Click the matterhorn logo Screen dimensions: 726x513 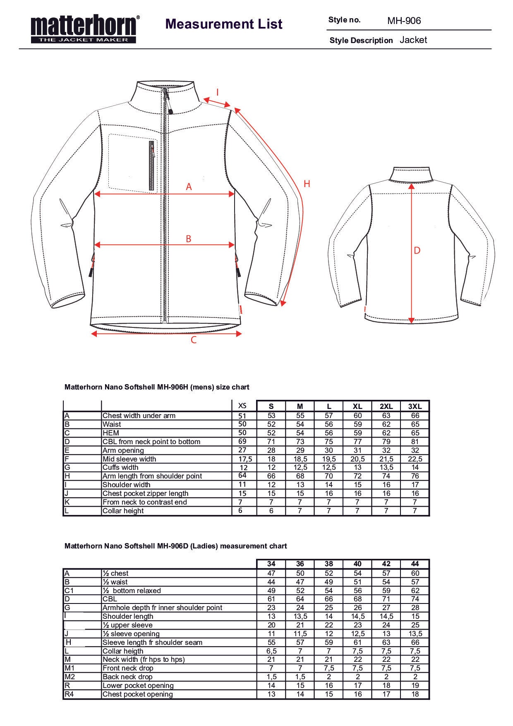point(85,29)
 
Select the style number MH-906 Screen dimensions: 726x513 point(404,21)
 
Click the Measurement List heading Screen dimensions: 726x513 point(224,24)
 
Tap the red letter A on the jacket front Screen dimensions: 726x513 point(189,187)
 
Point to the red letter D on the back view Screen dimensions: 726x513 point(417,250)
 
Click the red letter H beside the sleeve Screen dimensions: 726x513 point(307,184)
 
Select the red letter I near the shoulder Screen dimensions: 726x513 point(218,92)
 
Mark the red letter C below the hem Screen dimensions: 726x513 point(193,341)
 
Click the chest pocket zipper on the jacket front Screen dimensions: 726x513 point(151,166)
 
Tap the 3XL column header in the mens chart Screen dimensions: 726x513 point(415,406)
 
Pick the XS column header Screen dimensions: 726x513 point(242,406)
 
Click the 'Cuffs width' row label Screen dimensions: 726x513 point(120,467)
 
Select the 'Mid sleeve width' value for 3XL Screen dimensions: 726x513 point(415,459)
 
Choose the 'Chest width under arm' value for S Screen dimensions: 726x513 point(271,416)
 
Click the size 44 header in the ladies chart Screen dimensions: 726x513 point(415,564)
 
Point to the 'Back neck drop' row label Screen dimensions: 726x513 point(127,677)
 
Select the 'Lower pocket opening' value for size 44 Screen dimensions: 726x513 point(415,685)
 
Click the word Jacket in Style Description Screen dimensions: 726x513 point(413,40)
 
